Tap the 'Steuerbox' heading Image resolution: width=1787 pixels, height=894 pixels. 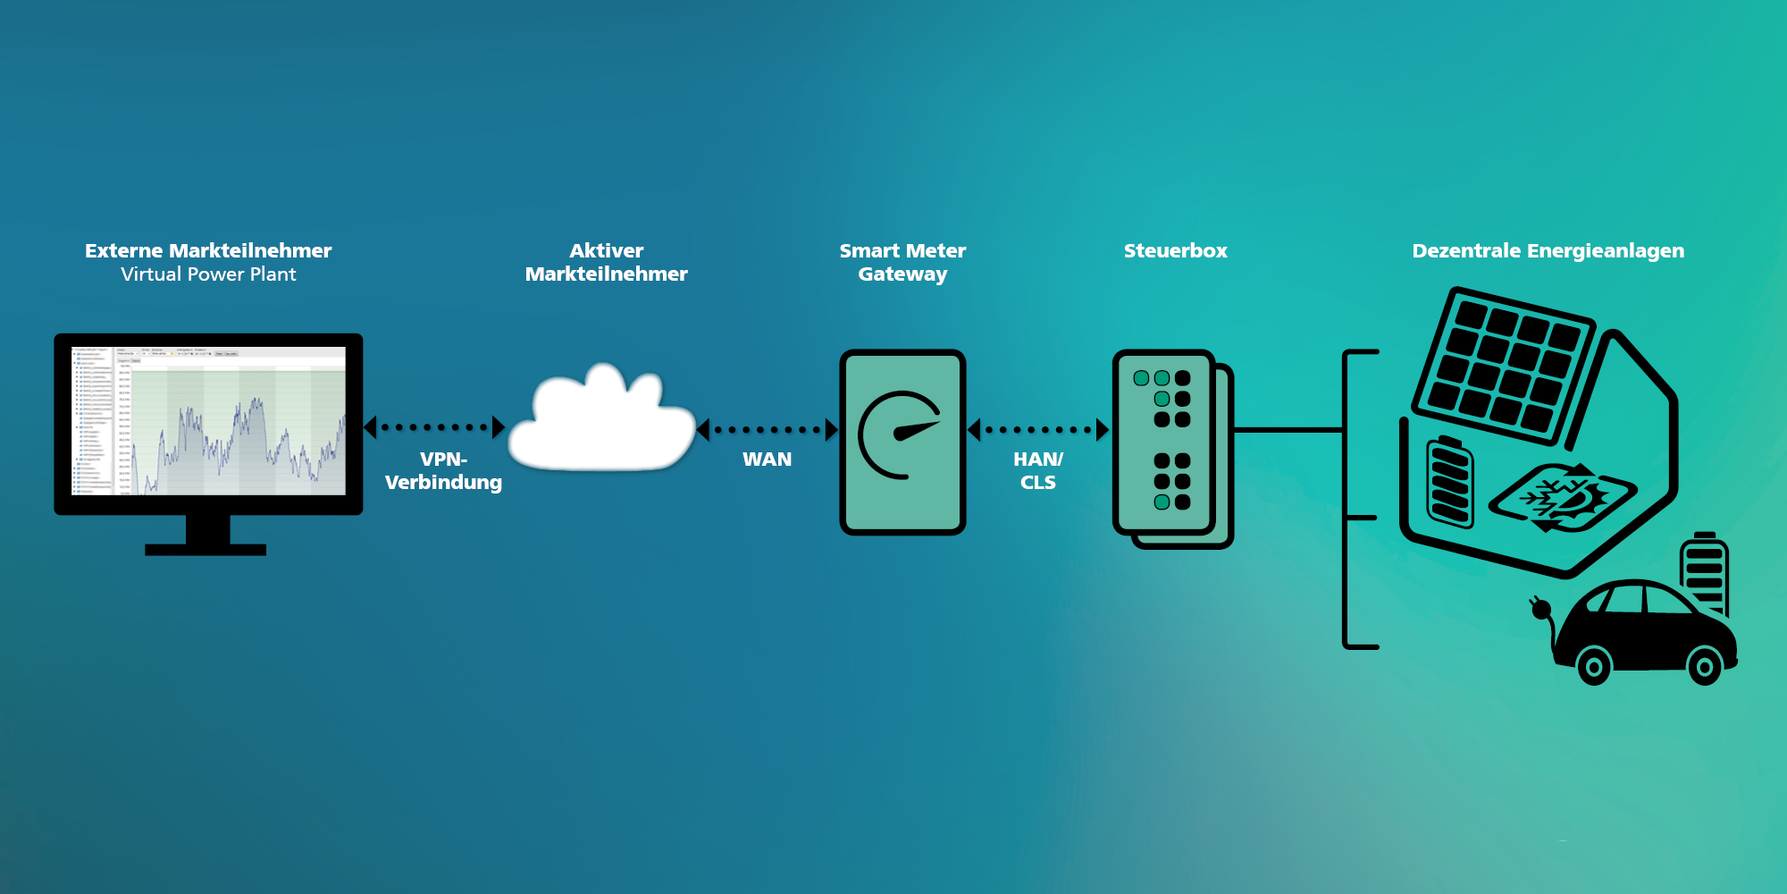click(x=1175, y=251)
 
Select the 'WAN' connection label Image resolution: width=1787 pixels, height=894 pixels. click(x=767, y=460)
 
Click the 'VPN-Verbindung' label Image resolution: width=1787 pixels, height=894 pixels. click(x=443, y=471)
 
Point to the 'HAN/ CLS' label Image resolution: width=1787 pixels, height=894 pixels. click(x=1038, y=471)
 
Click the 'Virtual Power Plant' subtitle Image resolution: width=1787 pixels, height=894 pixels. click(x=208, y=274)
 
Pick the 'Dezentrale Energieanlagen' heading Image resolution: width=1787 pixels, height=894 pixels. click(x=1548, y=251)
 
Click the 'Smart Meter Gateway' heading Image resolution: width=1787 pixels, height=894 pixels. click(x=902, y=263)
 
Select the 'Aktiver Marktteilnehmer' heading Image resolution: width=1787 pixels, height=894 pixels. click(x=606, y=263)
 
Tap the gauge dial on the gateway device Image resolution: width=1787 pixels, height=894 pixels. click(x=899, y=435)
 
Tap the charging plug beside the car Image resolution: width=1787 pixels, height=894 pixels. click(x=1540, y=609)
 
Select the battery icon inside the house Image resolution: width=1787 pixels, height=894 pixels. click(x=1449, y=483)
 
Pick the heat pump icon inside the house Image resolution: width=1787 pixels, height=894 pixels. click(x=1562, y=497)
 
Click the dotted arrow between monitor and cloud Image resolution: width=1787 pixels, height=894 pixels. click(x=435, y=428)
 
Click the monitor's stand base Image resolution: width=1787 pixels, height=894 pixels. click(x=206, y=549)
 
